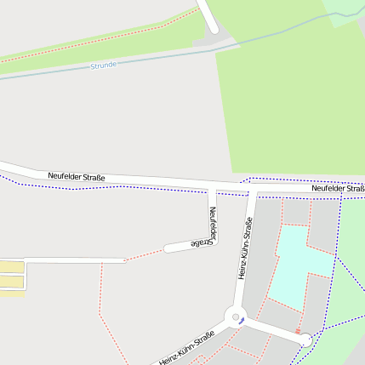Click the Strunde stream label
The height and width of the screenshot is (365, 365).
[103, 65]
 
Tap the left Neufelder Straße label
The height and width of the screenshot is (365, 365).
[76, 176]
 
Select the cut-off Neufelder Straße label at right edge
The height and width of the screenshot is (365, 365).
[339, 188]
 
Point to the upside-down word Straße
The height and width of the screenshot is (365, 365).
[201, 244]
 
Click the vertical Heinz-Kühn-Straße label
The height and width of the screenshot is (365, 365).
[245, 248]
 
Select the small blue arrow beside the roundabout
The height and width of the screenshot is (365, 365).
[242, 320]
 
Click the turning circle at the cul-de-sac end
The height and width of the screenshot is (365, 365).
[305, 339]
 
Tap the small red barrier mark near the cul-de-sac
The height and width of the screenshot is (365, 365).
[298, 330]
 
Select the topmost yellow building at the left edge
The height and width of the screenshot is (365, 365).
[12, 267]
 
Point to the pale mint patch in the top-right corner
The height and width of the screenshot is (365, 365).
[345, 10]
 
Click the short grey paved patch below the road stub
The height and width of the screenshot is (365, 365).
[207, 40]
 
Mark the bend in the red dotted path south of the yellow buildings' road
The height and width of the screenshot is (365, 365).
[100, 314]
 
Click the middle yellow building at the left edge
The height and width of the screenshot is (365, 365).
[12, 281]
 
